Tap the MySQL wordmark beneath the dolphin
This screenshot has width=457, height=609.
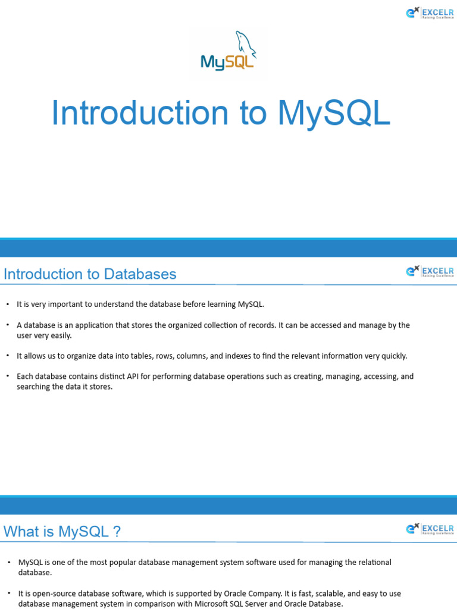point(227,62)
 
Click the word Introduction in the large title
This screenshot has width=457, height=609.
point(140,113)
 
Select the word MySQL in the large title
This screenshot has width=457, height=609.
point(334,113)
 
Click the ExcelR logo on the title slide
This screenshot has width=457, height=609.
point(430,12)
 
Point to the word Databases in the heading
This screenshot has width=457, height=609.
point(140,274)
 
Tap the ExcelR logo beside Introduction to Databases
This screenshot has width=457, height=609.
point(430,272)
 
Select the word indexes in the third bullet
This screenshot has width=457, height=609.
point(242,356)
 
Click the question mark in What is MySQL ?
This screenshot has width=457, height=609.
point(117,532)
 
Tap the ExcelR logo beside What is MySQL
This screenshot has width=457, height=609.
point(430,529)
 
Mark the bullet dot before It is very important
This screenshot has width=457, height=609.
point(8,304)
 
